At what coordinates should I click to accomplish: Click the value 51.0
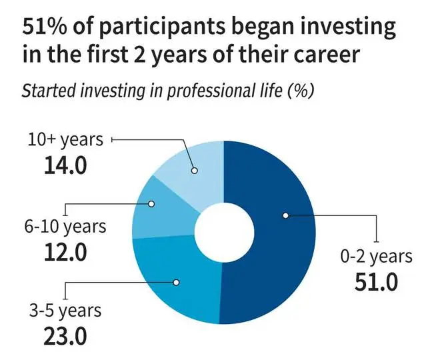(x=376, y=282)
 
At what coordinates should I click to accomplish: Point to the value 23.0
(x=65, y=336)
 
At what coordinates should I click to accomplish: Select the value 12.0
(x=65, y=252)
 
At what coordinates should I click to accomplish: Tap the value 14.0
(x=65, y=165)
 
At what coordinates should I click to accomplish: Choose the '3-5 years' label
(x=65, y=311)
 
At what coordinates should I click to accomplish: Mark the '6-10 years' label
(x=65, y=227)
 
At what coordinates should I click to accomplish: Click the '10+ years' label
(x=65, y=140)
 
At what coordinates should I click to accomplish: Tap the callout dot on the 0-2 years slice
(x=285, y=215)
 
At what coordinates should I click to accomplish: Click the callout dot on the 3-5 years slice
(x=176, y=282)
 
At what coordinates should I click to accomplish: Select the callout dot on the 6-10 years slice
(x=151, y=204)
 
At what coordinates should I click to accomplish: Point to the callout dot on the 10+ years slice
(x=195, y=170)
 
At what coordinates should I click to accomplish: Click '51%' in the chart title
(x=45, y=27)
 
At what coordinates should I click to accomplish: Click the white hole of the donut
(x=224, y=232)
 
